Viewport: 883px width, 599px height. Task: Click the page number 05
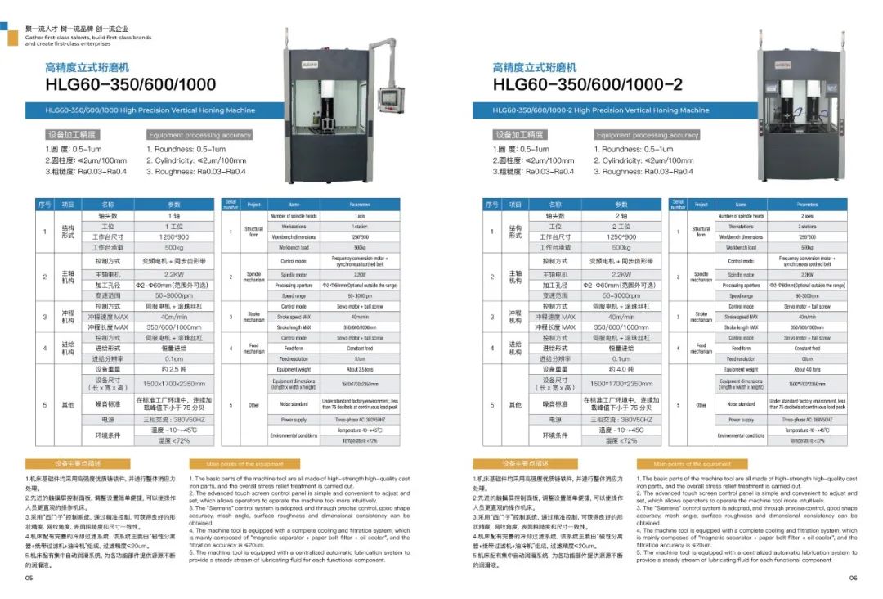pyautogui.click(x=29, y=578)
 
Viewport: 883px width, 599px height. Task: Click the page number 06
pyautogui.click(x=852, y=578)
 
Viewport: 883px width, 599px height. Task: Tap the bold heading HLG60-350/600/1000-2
pyautogui.click(x=587, y=85)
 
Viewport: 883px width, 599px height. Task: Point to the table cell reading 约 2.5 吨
pyautogui.click(x=174, y=369)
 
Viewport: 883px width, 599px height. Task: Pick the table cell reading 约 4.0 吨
pyautogui.click(x=621, y=369)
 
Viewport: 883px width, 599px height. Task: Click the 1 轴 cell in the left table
pyautogui.click(x=174, y=216)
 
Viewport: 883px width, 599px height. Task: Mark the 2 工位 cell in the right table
pyautogui.click(x=621, y=227)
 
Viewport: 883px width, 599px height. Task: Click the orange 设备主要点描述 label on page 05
pyautogui.click(x=73, y=464)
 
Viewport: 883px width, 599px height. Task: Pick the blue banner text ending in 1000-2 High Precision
pyautogui.click(x=601, y=110)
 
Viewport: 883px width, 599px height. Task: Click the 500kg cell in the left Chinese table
pyautogui.click(x=174, y=247)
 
